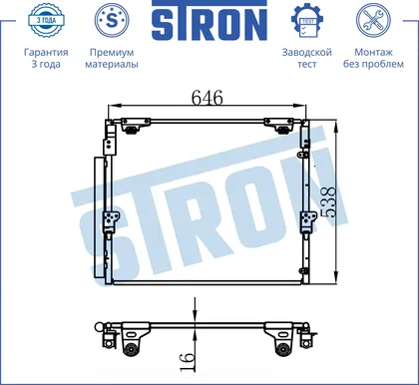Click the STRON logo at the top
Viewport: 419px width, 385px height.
(209, 21)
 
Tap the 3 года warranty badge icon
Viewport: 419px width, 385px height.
(46, 20)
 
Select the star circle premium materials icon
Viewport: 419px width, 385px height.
(112, 20)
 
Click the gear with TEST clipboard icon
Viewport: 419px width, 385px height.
(306, 21)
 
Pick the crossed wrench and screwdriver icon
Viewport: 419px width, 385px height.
(373, 20)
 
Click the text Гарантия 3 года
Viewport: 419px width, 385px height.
(46, 58)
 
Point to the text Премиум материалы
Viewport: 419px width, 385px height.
(112, 58)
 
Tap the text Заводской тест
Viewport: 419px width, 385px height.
(307, 58)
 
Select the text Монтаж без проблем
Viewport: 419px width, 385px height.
(373, 58)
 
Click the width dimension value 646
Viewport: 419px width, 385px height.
(208, 98)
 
